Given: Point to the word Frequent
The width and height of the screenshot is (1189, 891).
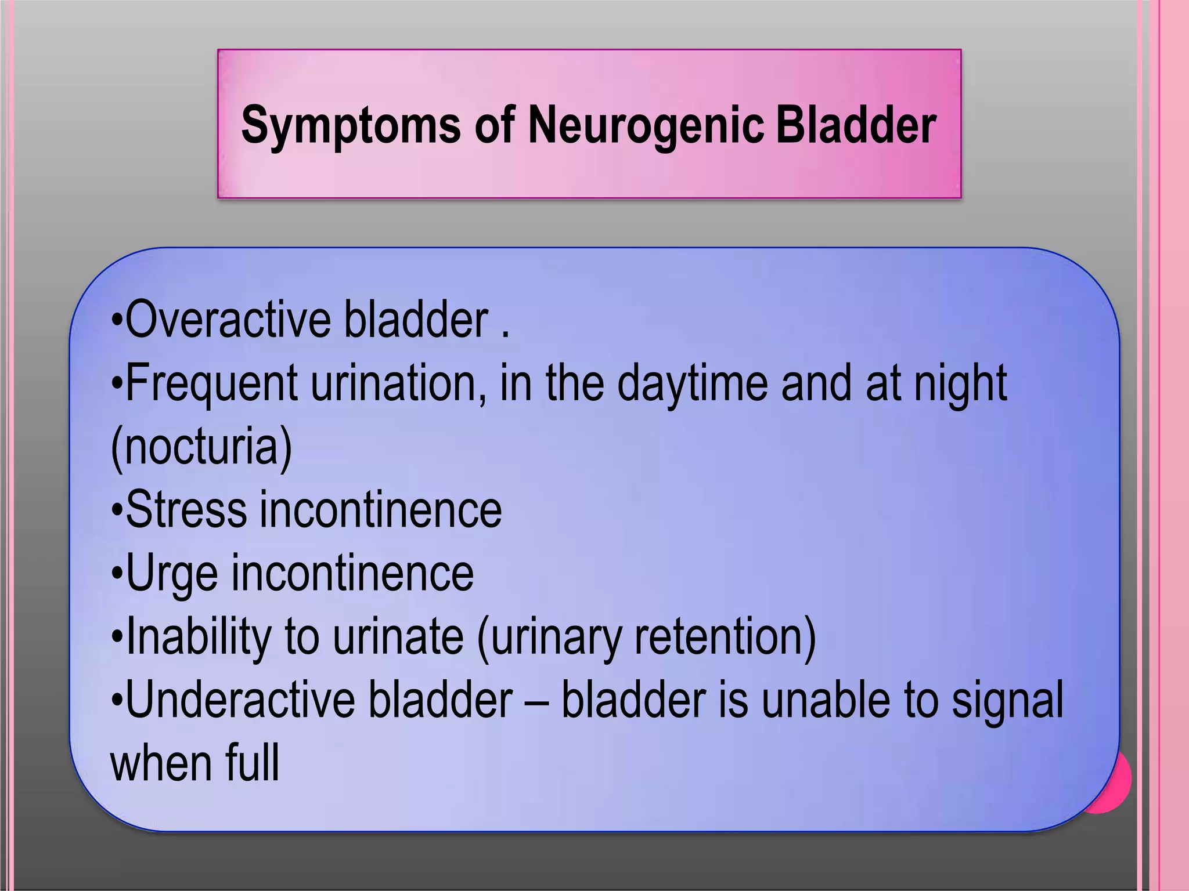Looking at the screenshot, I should (x=211, y=383).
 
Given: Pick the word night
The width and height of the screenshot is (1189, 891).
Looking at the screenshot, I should (x=960, y=383).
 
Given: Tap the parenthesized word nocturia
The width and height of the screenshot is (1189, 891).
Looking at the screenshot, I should (x=201, y=447).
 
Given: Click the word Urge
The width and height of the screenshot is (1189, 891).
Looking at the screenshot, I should (x=171, y=573).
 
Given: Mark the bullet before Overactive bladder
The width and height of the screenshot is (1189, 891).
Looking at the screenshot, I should (x=117, y=320).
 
